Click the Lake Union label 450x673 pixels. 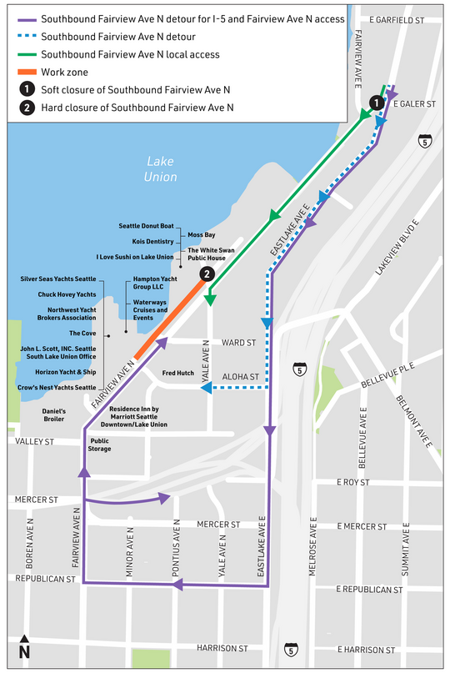[x=161, y=168]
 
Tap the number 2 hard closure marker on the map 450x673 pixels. [x=207, y=274]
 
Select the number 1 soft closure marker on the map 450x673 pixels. [x=376, y=103]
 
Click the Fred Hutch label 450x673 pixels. [x=178, y=373]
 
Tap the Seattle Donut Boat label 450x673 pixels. [x=146, y=226]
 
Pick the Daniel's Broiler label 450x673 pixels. [x=59, y=415]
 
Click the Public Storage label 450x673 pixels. [x=100, y=444]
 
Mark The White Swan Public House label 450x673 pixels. [x=209, y=254]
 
